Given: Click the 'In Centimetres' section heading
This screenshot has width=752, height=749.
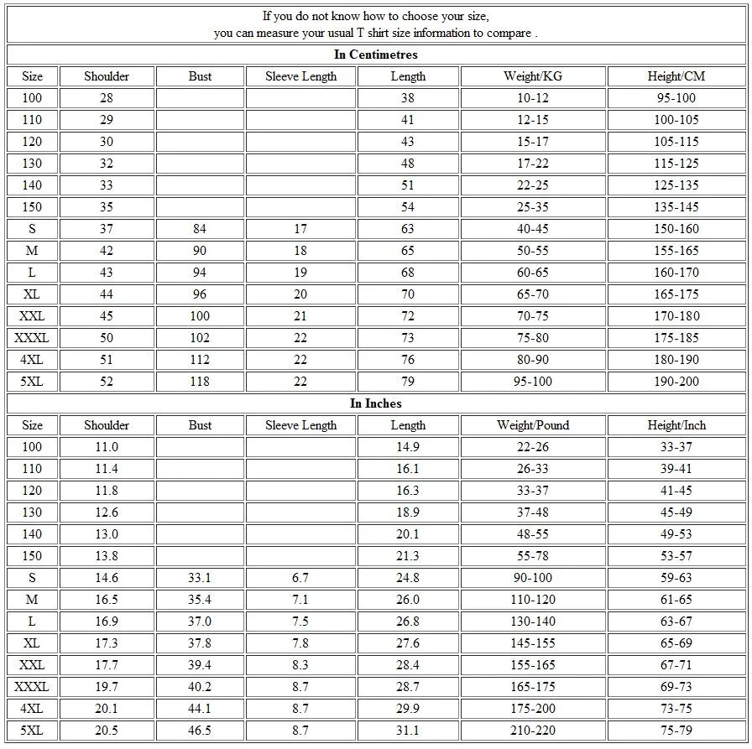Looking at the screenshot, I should pos(375,55).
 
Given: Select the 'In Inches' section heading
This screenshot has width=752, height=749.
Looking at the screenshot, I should pos(375,403).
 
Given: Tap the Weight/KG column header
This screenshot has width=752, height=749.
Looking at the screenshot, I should pos(533,76).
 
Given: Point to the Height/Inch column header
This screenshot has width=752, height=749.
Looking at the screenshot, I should pos(676,425).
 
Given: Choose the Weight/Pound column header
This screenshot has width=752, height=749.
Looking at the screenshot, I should pos(533,425).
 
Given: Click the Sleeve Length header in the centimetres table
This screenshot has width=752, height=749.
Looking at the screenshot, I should pos(300,76).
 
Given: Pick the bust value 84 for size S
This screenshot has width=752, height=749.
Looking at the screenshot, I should pos(200,229).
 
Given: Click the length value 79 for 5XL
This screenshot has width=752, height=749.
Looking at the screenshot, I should pos(408,382).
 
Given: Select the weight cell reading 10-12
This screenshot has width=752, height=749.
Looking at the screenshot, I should pos(533,98).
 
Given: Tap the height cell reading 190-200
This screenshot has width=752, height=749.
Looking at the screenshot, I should pos(676,382).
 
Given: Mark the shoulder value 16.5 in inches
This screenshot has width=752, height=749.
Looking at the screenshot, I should pos(107,600).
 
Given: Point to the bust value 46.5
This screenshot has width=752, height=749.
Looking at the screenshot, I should pos(200,731).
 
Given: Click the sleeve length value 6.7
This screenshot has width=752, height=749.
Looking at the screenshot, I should pos(300,578).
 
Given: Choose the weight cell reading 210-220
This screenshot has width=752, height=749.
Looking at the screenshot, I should pos(533,731).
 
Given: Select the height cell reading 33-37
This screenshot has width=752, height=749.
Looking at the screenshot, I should pos(676,447).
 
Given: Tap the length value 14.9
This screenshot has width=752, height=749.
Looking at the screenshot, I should pos(408,447).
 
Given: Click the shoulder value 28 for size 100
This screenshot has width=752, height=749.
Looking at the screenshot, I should pos(107,98).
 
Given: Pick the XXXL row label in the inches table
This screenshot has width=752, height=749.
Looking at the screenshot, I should pos(32,687).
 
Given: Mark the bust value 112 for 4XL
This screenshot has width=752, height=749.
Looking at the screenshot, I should pos(200,360).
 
